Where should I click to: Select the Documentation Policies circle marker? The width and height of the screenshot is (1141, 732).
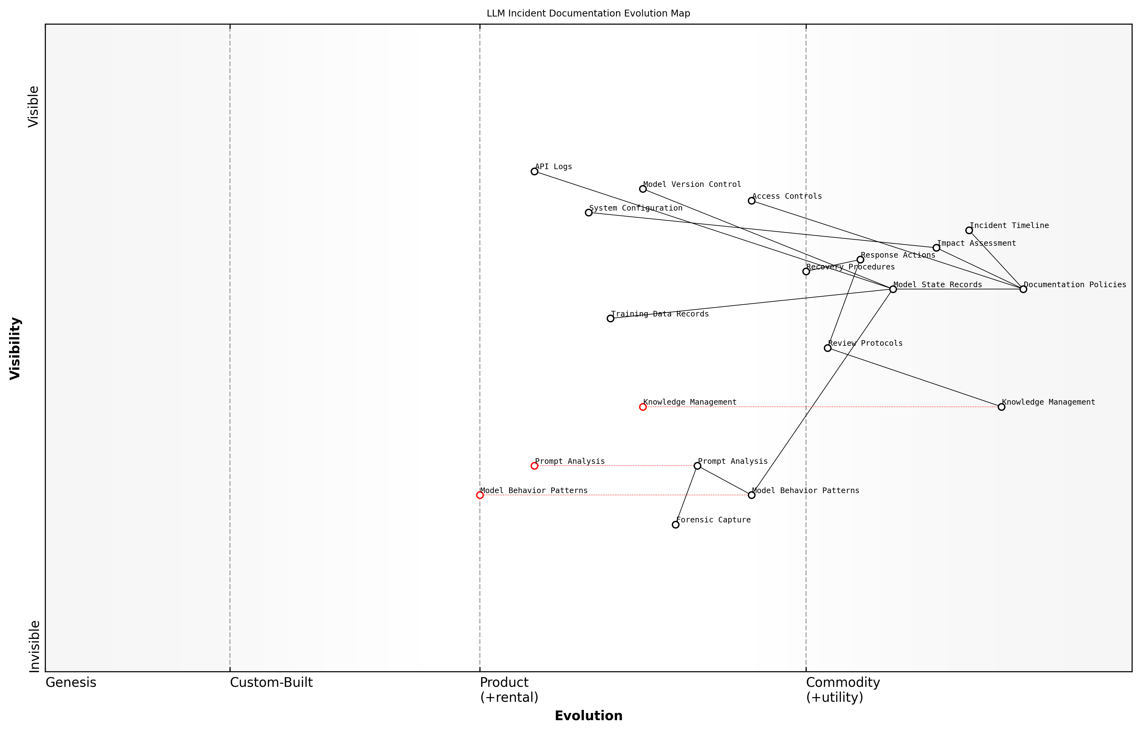point(1023,289)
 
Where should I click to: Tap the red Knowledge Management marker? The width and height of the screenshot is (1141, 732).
point(643,407)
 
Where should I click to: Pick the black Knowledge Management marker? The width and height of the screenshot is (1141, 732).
point(1001,407)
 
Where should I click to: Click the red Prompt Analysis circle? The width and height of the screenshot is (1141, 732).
point(534,466)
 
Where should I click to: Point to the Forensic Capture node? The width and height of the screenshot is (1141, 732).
point(676,525)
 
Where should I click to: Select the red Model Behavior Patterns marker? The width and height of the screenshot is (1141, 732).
point(480,495)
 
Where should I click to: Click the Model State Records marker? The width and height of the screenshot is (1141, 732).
point(893,289)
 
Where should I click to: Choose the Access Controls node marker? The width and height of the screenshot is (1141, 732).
point(752,201)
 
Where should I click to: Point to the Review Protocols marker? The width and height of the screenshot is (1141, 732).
point(828,348)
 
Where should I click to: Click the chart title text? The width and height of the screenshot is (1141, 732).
point(588,13)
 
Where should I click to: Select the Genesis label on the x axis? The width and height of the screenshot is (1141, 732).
point(71,682)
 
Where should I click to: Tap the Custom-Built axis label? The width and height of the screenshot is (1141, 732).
point(271,682)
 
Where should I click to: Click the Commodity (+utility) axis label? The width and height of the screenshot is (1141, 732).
point(843,690)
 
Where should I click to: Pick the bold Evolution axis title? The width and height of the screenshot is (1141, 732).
point(588,716)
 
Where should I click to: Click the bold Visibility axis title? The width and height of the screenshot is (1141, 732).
point(15,349)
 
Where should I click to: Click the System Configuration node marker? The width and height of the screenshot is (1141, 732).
point(589,212)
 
